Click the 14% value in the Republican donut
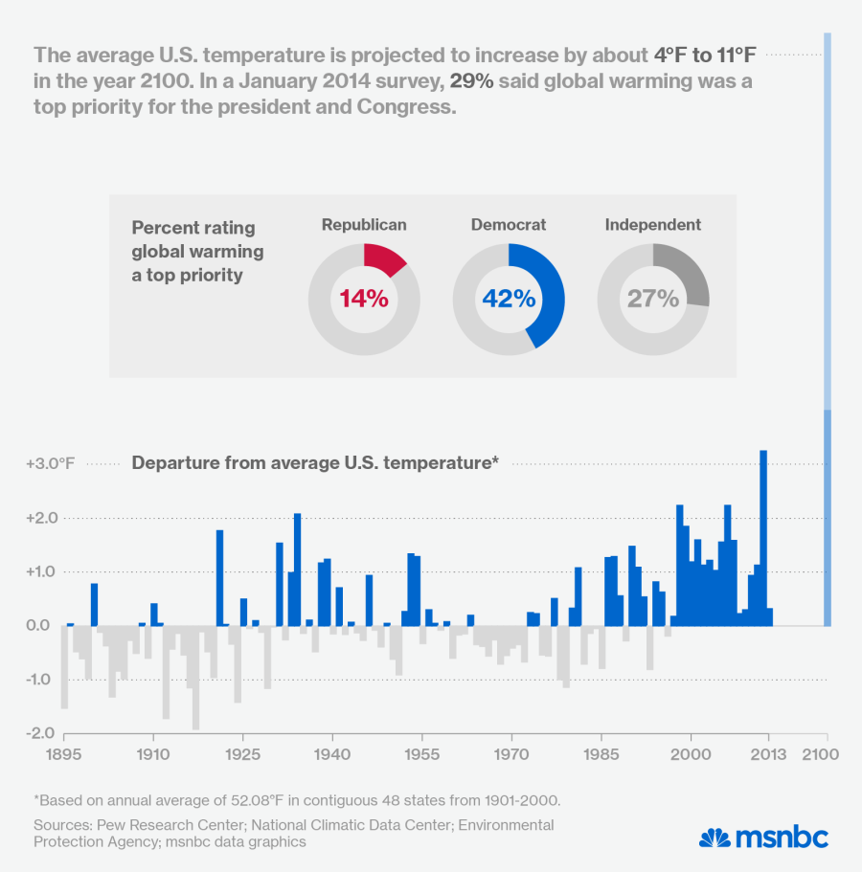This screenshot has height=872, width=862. tap(364, 299)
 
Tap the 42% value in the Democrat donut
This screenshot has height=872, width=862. tap(509, 299)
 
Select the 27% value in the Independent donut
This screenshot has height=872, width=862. tap(653, 299)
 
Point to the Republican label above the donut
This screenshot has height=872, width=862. tap(364, 225)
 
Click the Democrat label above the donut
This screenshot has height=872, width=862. tap(509, 225)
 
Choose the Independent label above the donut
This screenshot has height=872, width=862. tap(653, 225)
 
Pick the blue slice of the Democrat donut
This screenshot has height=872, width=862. tap(546, 297)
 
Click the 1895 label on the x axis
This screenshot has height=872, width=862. tap(64, 754)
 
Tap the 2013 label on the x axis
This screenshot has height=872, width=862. tap(766, 754)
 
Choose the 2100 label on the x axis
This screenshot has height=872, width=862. tap(821, 754)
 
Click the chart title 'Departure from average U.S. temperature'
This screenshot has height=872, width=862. tap(316, 463)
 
